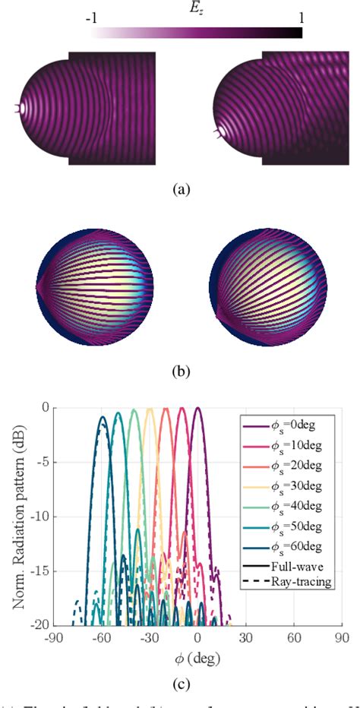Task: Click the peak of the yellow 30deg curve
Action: (x=150, y=409)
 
